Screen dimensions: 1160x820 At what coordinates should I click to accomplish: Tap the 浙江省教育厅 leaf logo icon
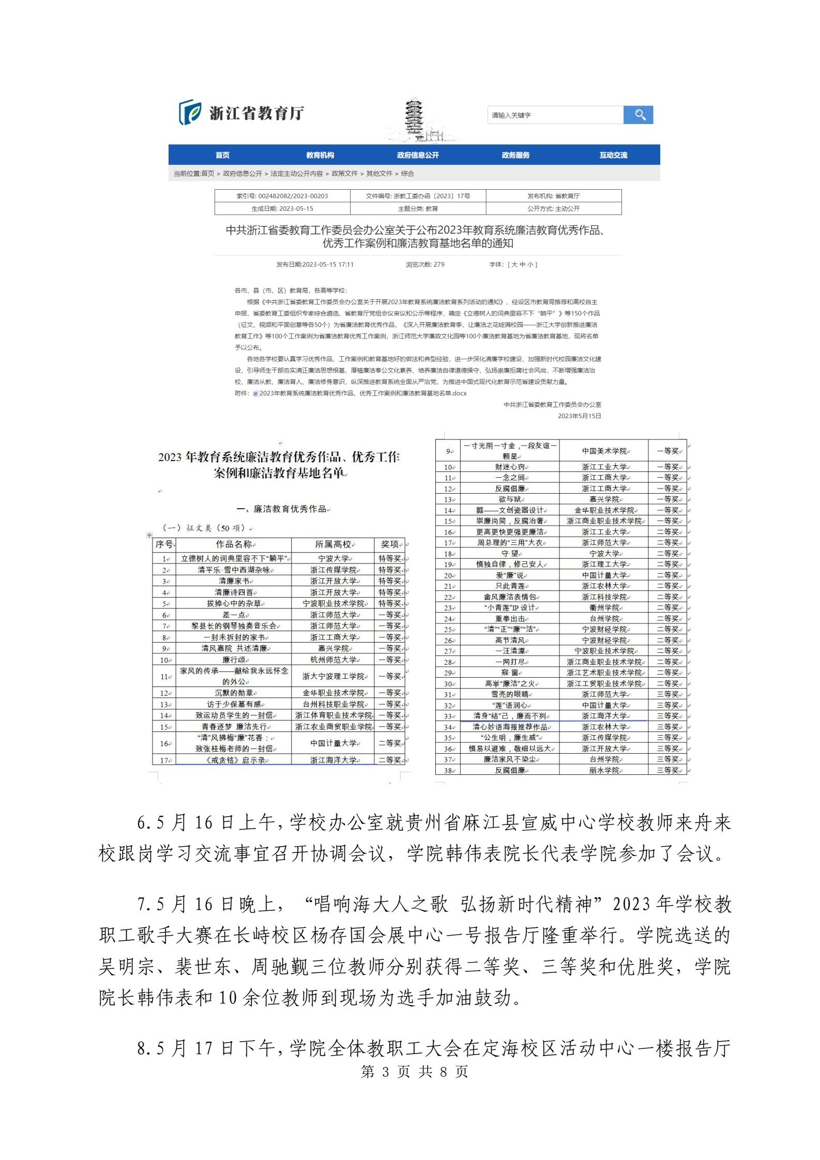190,112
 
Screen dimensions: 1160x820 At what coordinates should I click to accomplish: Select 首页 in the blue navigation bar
222,155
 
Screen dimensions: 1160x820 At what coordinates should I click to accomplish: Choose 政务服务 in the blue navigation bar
515,155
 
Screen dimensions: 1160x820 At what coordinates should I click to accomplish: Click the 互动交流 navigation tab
613,155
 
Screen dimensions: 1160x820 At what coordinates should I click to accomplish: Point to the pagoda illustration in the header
414,119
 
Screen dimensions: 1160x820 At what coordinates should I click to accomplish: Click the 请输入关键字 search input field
555,115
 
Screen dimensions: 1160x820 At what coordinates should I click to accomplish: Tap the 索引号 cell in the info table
282,196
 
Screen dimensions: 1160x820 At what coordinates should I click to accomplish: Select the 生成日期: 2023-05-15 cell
282,209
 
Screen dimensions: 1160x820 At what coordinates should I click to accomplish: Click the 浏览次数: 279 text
425,265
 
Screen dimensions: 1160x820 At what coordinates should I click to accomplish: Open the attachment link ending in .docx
362,393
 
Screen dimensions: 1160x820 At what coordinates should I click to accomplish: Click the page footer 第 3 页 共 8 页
414,1072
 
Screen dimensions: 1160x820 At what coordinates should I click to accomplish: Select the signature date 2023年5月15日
579,416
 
